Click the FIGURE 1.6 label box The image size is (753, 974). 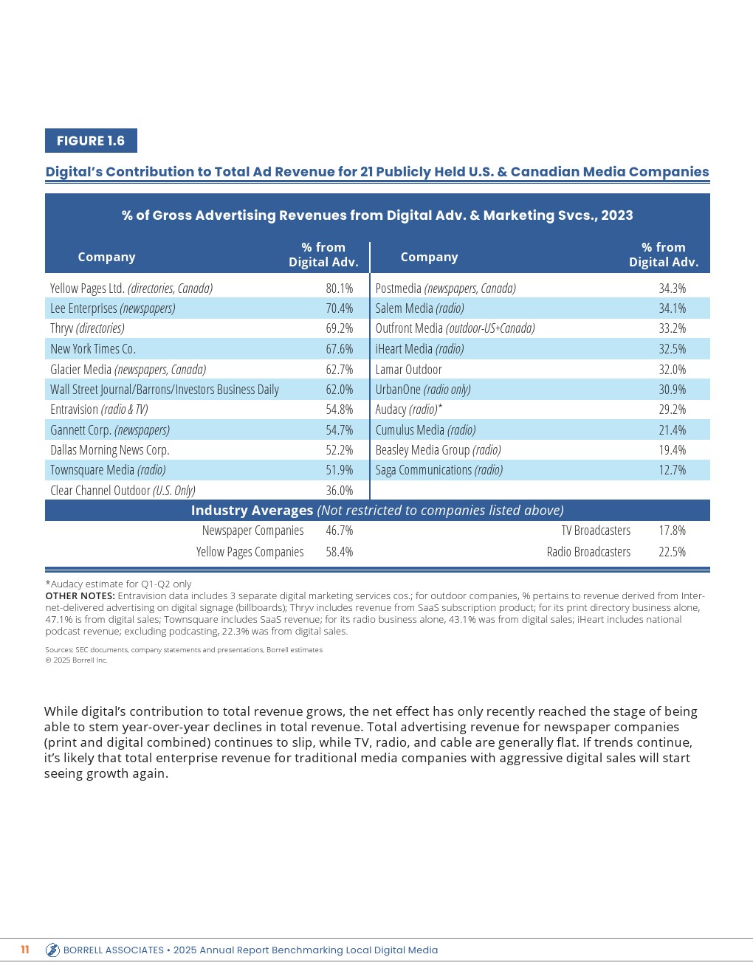(x=91, y=141)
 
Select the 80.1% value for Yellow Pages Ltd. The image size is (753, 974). (x=340, y=289)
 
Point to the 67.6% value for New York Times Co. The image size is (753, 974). (x=340, y=349)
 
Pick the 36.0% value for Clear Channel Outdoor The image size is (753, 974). (x=340, y=491)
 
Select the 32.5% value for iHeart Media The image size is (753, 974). (x=672, y=349)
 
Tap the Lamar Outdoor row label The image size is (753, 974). (x=408, y=370)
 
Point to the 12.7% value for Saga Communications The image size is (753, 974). (x=672, y=470)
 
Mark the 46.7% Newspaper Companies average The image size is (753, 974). (x=340, y=531)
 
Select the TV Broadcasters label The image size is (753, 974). (x=596, y=531)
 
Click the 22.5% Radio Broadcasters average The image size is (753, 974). (x=672, y=552)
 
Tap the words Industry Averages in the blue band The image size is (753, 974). (x=252, y=511)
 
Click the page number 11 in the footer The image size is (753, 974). (x=25, y=950)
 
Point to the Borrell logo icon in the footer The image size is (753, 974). (x=52, y=950)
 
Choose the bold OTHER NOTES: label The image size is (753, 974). (x=80, y=596)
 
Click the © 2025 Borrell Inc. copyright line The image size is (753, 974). (x=76, y=660)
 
